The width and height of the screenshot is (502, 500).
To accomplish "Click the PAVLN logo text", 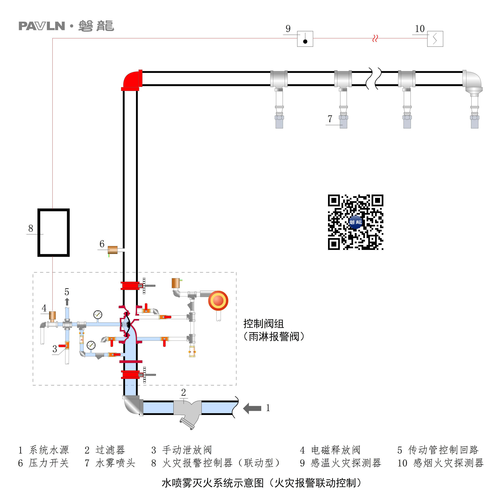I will pos(42,26).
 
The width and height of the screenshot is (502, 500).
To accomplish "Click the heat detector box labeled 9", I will pos(305,39).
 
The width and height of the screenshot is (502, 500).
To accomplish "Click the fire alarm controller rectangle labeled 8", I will pos(54,232).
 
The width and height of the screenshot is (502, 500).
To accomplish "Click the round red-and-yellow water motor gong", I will pos(218,300).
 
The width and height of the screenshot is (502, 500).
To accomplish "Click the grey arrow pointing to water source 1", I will pos(252,408).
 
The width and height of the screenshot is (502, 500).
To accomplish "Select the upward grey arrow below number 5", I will pos(67,302).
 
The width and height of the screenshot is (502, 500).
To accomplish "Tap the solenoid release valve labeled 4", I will pos(52,315).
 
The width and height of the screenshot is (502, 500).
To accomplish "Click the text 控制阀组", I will pos(263,324).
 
